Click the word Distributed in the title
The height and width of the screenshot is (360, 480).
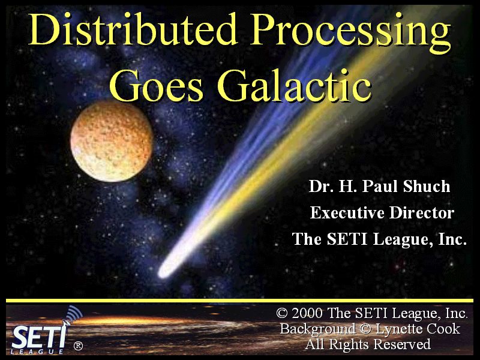[133, 29]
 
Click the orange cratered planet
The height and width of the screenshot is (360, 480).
[112, 142]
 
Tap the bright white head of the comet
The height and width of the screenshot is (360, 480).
[166, 271]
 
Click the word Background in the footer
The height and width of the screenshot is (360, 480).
[318, 329]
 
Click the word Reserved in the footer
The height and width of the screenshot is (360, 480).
[402, 344]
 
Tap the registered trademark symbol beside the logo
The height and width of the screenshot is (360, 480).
[78, 346]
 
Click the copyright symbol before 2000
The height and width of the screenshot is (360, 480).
[282, 313]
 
